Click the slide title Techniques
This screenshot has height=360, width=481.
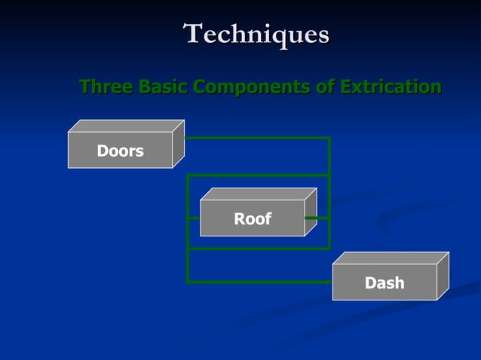tap(256, 35)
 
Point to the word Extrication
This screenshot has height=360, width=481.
tap(390, 87)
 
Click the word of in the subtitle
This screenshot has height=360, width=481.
tap(324, 87)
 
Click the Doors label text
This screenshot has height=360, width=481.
tap(120, 151)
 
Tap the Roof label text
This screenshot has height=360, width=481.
tap(252, 219)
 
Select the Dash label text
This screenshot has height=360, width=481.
tap(384, 283)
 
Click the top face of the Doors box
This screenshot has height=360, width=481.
tap(127, 126)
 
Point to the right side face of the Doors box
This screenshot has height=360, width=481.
tap(178, 144)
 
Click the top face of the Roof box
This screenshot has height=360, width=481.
tap(259, 194)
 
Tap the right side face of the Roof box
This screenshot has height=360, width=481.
tap(310, 212)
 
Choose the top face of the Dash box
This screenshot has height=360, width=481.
tap(391, 258)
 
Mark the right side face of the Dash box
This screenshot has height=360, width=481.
tap(443, 276)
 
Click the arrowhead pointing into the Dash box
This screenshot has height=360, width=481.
tap(329, 282)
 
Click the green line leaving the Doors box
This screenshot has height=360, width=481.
tap(256, 139)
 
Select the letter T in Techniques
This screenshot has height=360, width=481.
tap(194, 34)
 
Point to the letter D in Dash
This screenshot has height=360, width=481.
tap(370, 283)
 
